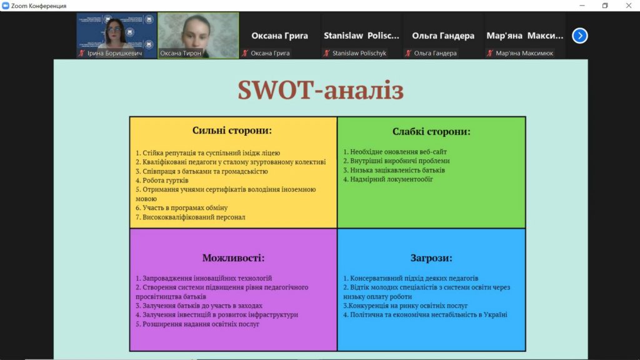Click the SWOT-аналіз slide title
(x=321, y=90)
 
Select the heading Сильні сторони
(x=232, y=130)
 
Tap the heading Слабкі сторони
(x=431, y=131)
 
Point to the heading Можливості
(x=234, y=258)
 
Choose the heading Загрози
(x=431, y=258)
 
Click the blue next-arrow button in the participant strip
(x=579, y=36)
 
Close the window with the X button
(x=629, y=5)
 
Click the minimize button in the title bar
(x=582, y=5)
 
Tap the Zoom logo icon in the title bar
(x=5, y=6)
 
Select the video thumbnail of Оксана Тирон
(x=198, y=36)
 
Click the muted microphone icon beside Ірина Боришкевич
(x=82, y=53)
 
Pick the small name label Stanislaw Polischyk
(x=359, y=53)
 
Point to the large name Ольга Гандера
(x=443, y=36)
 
